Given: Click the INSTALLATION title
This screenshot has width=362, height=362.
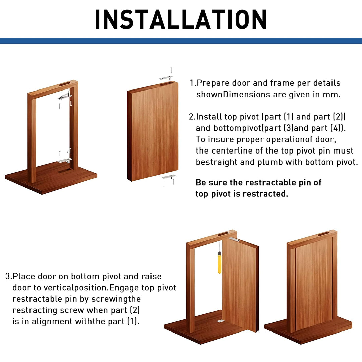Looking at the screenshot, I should tap(181, 19).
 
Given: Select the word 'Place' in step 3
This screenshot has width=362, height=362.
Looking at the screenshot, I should tap(24, 277).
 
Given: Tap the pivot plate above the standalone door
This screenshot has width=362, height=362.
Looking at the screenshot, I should tap(166, 78).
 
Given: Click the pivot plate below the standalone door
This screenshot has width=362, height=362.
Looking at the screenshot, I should tap(168, 177).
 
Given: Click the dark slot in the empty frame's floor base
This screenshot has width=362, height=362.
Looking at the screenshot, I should tap(64, 171).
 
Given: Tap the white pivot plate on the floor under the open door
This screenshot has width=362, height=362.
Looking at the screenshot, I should tap(220, 321).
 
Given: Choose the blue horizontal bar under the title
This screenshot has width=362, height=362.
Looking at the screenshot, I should tap(181, 41).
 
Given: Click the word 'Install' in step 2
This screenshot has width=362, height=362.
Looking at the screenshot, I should tap(209, 117).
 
